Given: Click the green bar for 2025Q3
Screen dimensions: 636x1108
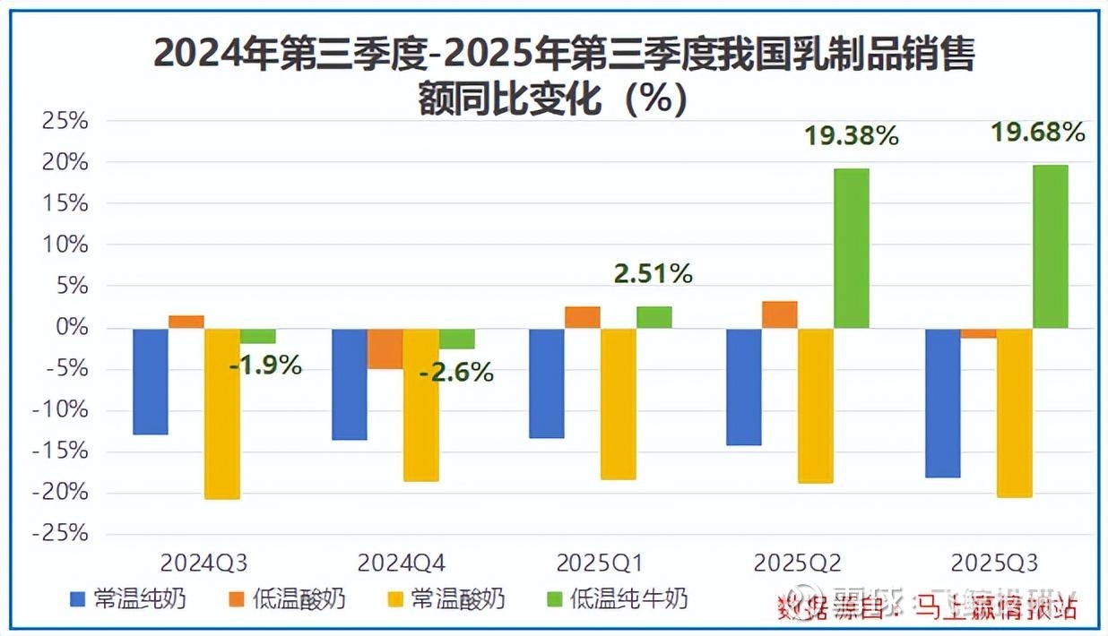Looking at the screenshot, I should (x=1050, y=246).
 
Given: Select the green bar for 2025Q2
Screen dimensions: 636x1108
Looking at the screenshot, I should (x=851, y=248).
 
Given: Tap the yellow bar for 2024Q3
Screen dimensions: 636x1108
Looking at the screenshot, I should (x=221, y=413).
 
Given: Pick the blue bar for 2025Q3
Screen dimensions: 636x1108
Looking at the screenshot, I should (x=942, y=402).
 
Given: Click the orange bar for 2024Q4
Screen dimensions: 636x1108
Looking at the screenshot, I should (x=385, y=348).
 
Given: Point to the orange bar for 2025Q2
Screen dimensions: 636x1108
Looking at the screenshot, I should (x=779, y=314).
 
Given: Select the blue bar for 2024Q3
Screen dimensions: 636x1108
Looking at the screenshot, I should (x=151, y=381).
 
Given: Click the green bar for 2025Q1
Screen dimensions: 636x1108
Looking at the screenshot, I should (x=654, y=317).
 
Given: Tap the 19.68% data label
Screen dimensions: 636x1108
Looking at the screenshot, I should (x=1037, y=133).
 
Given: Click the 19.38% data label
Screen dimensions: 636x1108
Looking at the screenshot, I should (x=851, y=136).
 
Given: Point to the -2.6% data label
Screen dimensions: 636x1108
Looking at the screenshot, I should (x=456, y=372).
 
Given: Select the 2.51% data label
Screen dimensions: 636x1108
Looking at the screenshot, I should (x=653, y=274).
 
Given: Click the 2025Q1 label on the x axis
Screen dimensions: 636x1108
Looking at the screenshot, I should (x=600, y=563).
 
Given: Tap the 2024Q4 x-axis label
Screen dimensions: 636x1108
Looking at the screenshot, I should (x=402, y=563).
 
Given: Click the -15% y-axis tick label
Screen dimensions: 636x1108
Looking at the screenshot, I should (x=60, y=451).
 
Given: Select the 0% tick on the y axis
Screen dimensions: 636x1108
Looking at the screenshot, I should (x=72, y=328).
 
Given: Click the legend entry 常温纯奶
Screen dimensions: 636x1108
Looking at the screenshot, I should (x=130, y=599).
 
